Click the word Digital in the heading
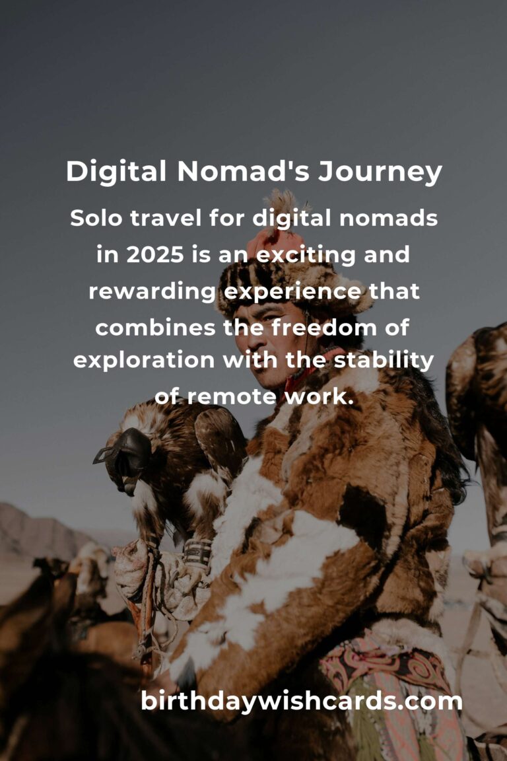coord(116,171)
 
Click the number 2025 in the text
coord(155,254)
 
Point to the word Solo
coord(96,218)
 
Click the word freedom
coord(324,327)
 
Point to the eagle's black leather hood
coord(125,456)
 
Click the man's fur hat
coord(291,286)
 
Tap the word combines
coord(155,328)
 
